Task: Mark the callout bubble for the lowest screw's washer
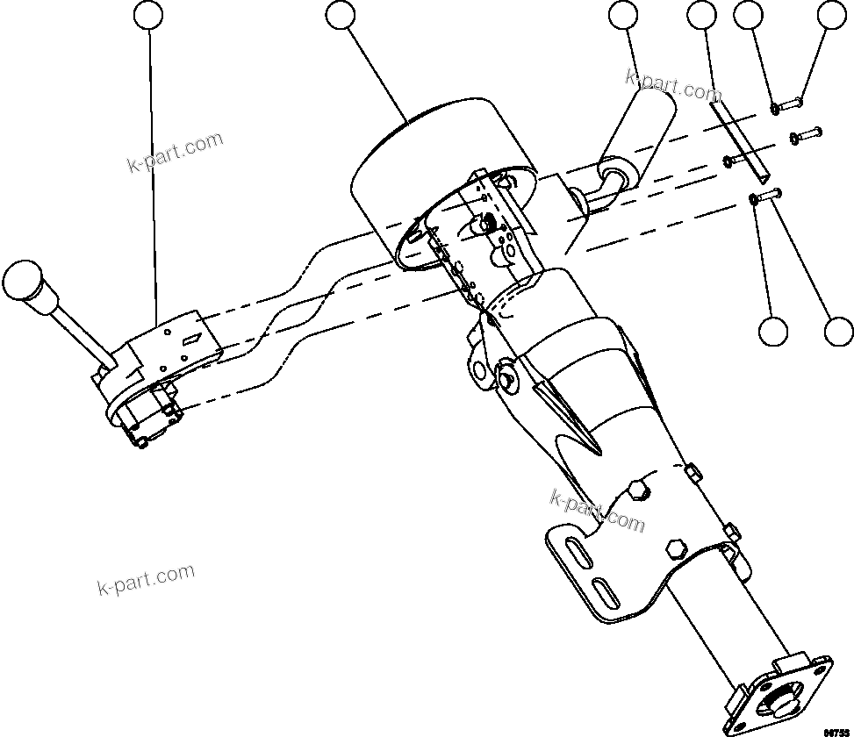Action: coord(773,331)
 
